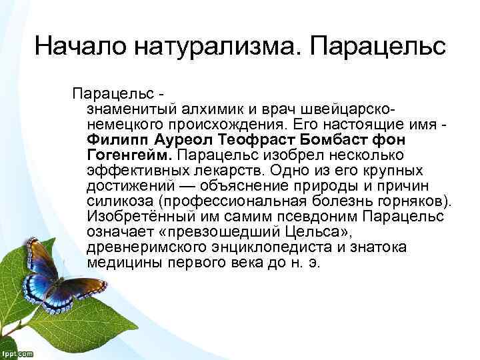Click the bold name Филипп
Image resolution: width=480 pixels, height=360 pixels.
click(x=118, y=140)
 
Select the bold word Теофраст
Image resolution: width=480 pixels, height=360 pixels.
click(x=255, y=140)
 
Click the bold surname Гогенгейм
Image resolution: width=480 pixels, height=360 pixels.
click(x=129, y=155)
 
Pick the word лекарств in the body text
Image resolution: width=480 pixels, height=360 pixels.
click(x=201, y=171)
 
